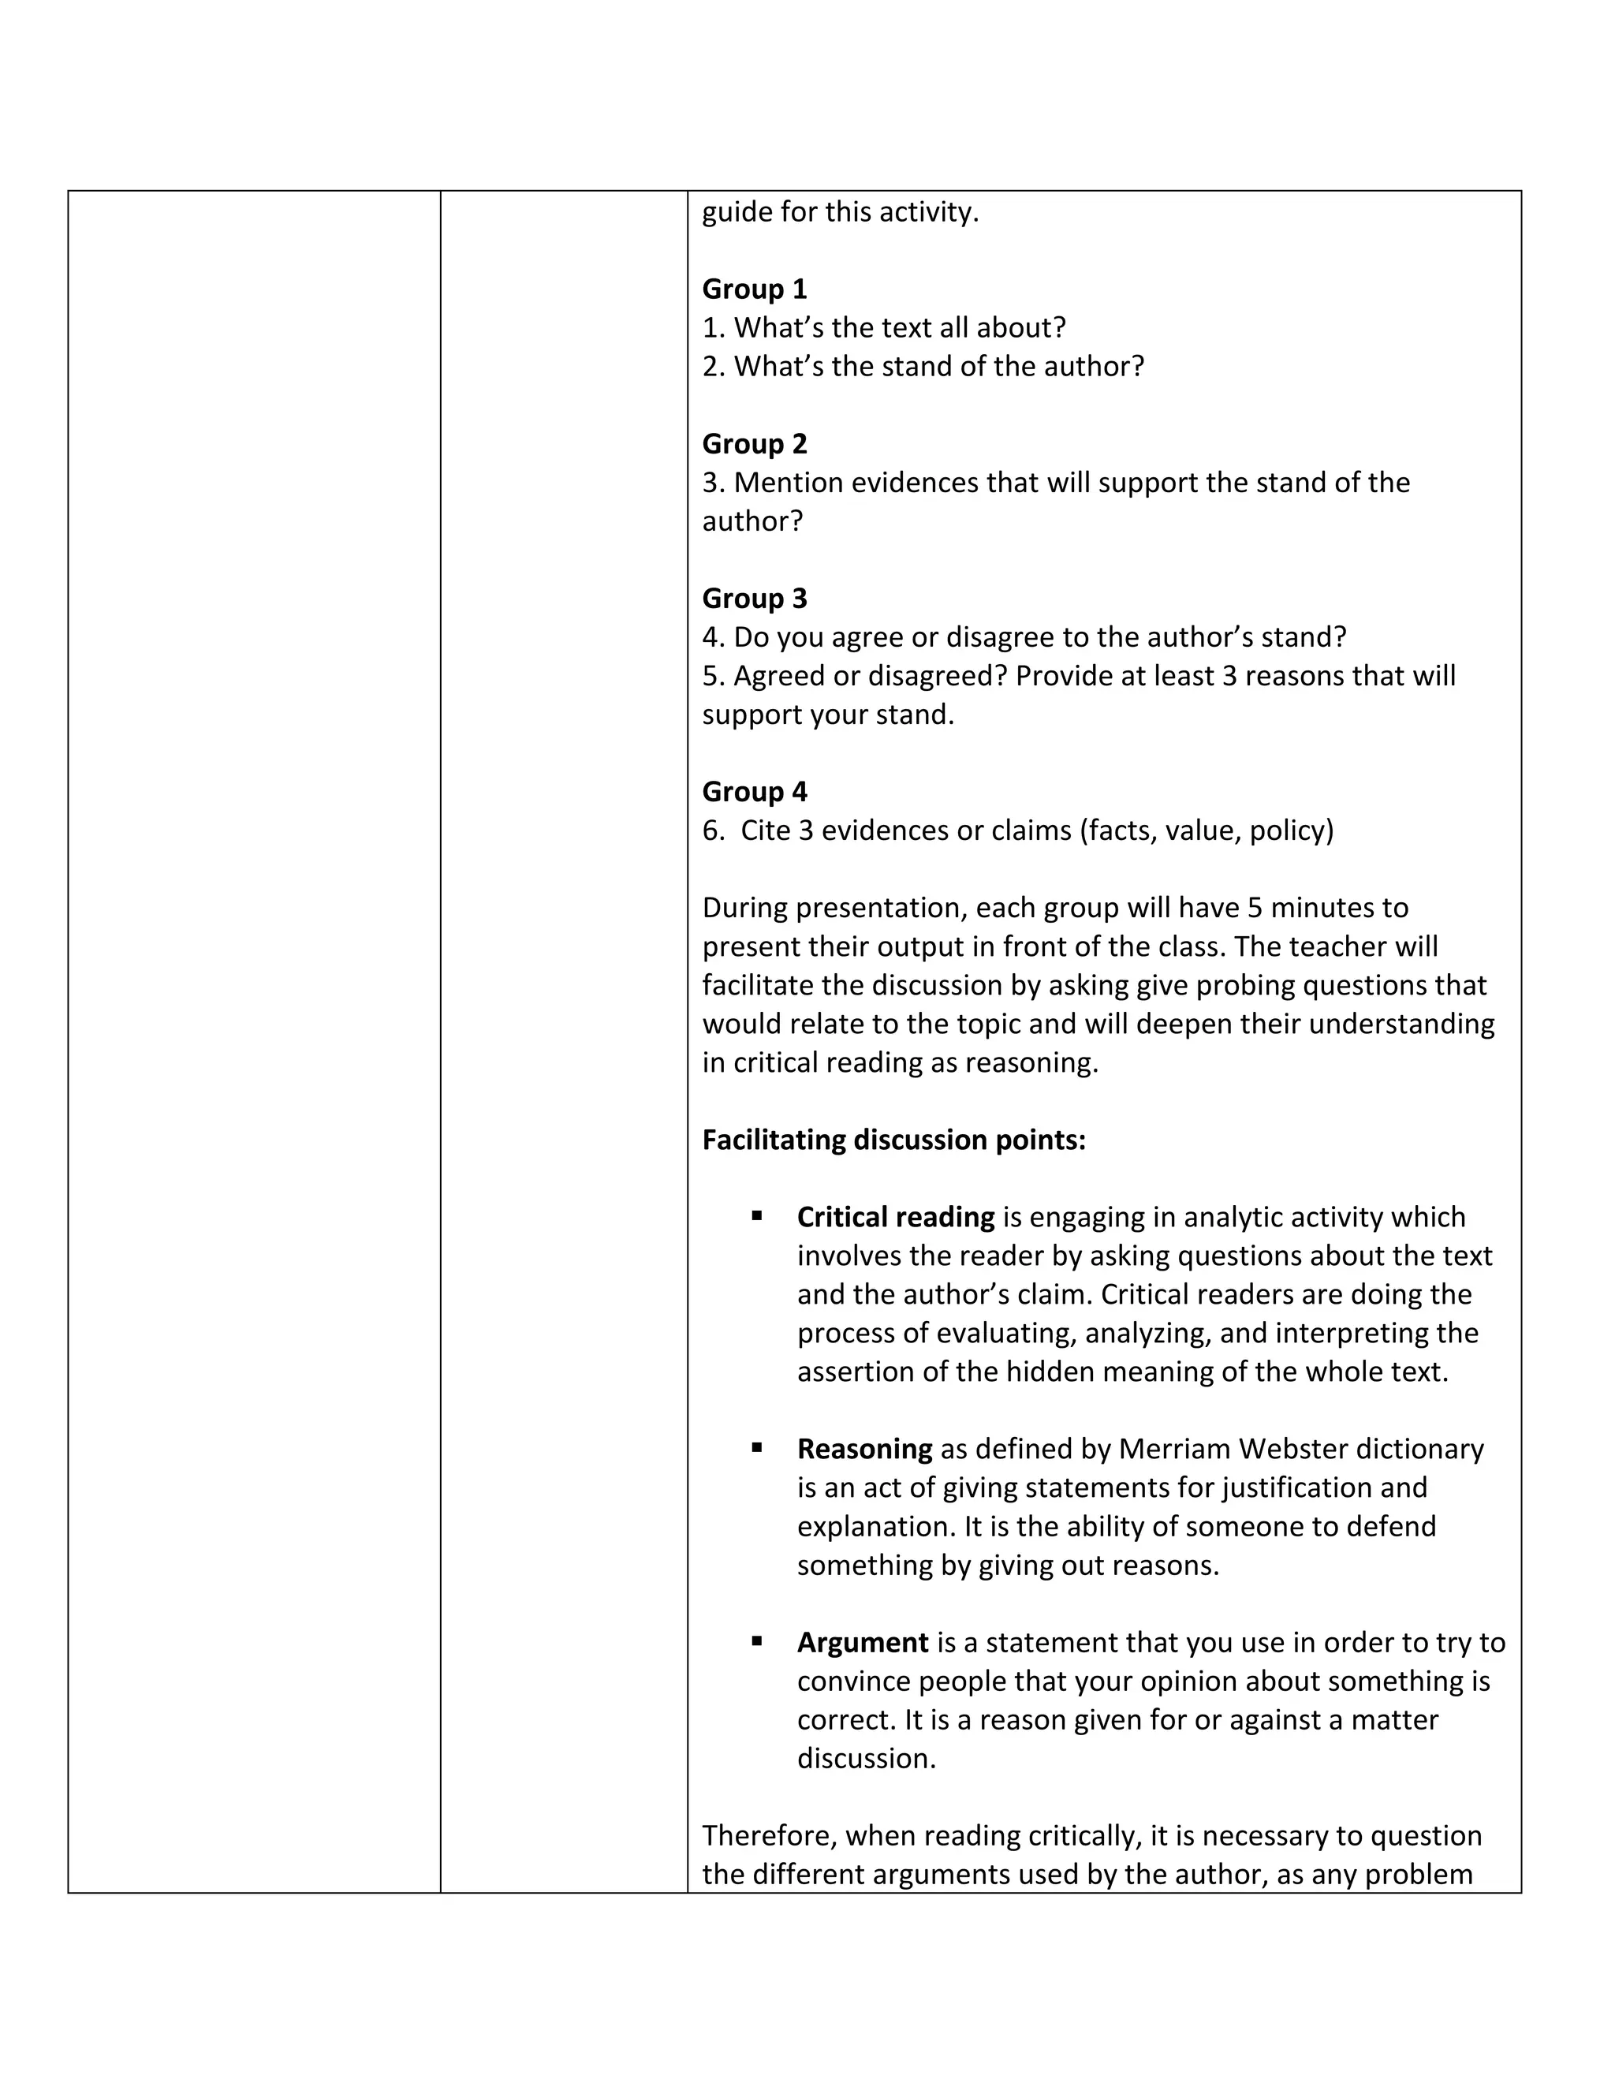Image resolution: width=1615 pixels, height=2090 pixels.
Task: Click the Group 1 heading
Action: click(754, 289)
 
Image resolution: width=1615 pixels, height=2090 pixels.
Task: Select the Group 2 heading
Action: click(754, 444)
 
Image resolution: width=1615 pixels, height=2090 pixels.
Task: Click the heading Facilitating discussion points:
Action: click(893, 1140)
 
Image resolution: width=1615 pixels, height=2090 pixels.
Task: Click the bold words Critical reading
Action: click(896, 1217)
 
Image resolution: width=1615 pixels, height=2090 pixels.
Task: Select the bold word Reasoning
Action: click(864, 1449)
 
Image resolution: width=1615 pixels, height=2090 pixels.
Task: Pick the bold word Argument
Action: click(862, 1642)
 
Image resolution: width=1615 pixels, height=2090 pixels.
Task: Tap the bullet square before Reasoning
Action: click(757, 1447)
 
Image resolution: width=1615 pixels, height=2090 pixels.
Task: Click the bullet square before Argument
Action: click(757, 1640)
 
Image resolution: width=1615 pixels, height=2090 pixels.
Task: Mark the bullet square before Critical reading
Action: click(757, 1215)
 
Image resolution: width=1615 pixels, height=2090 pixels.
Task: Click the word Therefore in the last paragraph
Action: click(769, 1835)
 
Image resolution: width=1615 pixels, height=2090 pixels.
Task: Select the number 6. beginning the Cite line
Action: click(714, 830)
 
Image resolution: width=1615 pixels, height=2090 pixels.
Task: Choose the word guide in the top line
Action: click(737, 212)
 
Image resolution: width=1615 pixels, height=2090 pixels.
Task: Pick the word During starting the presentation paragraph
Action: click(744, 907)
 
